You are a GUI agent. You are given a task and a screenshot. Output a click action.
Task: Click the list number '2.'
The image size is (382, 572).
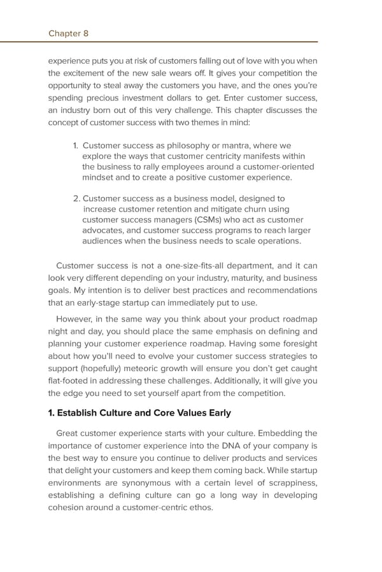77,198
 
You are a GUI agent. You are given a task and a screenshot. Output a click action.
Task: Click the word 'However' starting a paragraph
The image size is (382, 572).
74,319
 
